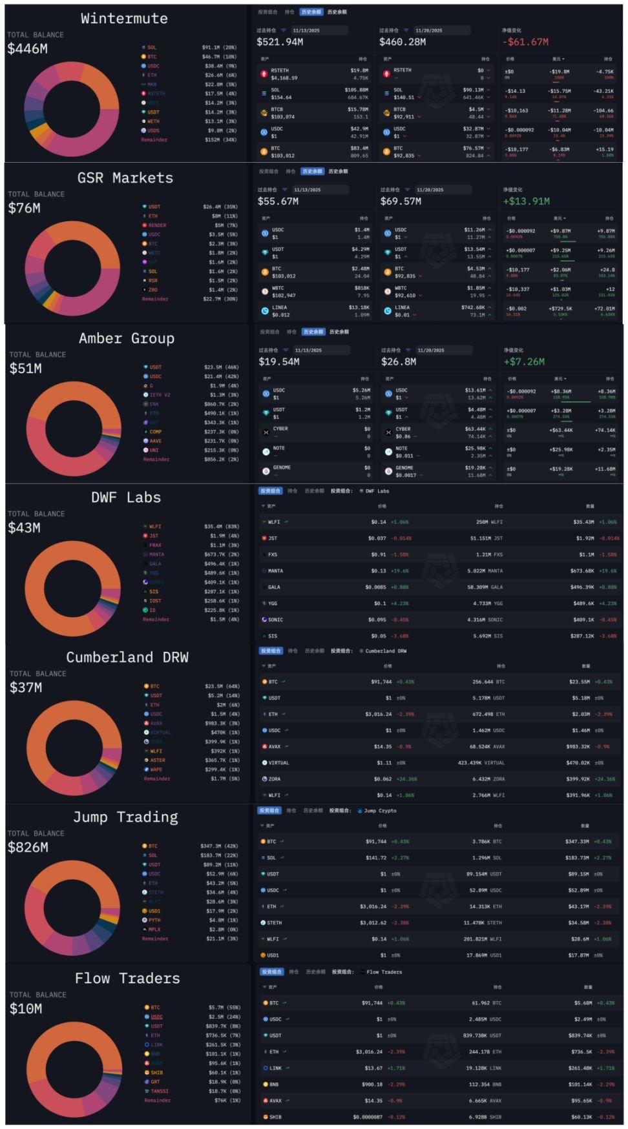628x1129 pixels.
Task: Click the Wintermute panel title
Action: click(124, 19)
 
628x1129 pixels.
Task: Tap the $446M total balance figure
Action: click(27, 48)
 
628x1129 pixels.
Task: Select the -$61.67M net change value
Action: click(527, 42)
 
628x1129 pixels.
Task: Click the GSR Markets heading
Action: click(125, 178)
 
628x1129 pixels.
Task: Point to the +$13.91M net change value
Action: click(527, 201)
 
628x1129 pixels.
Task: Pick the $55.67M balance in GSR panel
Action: click(278, 201)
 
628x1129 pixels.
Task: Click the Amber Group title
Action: click(127, 338)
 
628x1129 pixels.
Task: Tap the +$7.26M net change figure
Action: click(524, 361)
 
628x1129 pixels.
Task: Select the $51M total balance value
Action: click(26, 369)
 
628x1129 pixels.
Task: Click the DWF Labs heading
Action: click(126, 498)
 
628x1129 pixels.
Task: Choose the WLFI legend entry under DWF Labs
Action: click(155, 526)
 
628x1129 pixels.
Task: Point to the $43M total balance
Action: click(25, 528)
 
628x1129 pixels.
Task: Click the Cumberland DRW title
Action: click(127, 657)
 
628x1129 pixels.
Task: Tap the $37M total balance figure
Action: click(26, 687)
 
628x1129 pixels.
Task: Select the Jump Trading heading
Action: click(125, 817)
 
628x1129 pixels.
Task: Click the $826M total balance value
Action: click(28, 848)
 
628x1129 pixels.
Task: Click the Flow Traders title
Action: click(127, 979)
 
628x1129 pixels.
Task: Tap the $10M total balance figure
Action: click(26, 1009)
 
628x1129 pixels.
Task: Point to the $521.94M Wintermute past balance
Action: click(280, 42)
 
